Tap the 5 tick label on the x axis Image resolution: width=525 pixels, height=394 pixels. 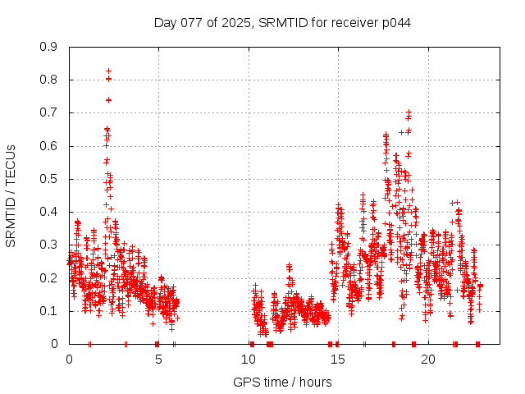click(x=158, y=360)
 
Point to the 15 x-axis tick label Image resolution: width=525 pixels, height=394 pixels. click(x=338, y=360)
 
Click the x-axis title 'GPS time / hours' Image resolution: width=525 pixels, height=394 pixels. click(x=282, y=382)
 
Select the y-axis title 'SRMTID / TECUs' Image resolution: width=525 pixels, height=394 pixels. click(x=11, y=195)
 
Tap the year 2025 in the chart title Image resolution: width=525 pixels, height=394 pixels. click(x=235, y=22)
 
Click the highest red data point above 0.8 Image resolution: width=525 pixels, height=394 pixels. click(x=108, y=71)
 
